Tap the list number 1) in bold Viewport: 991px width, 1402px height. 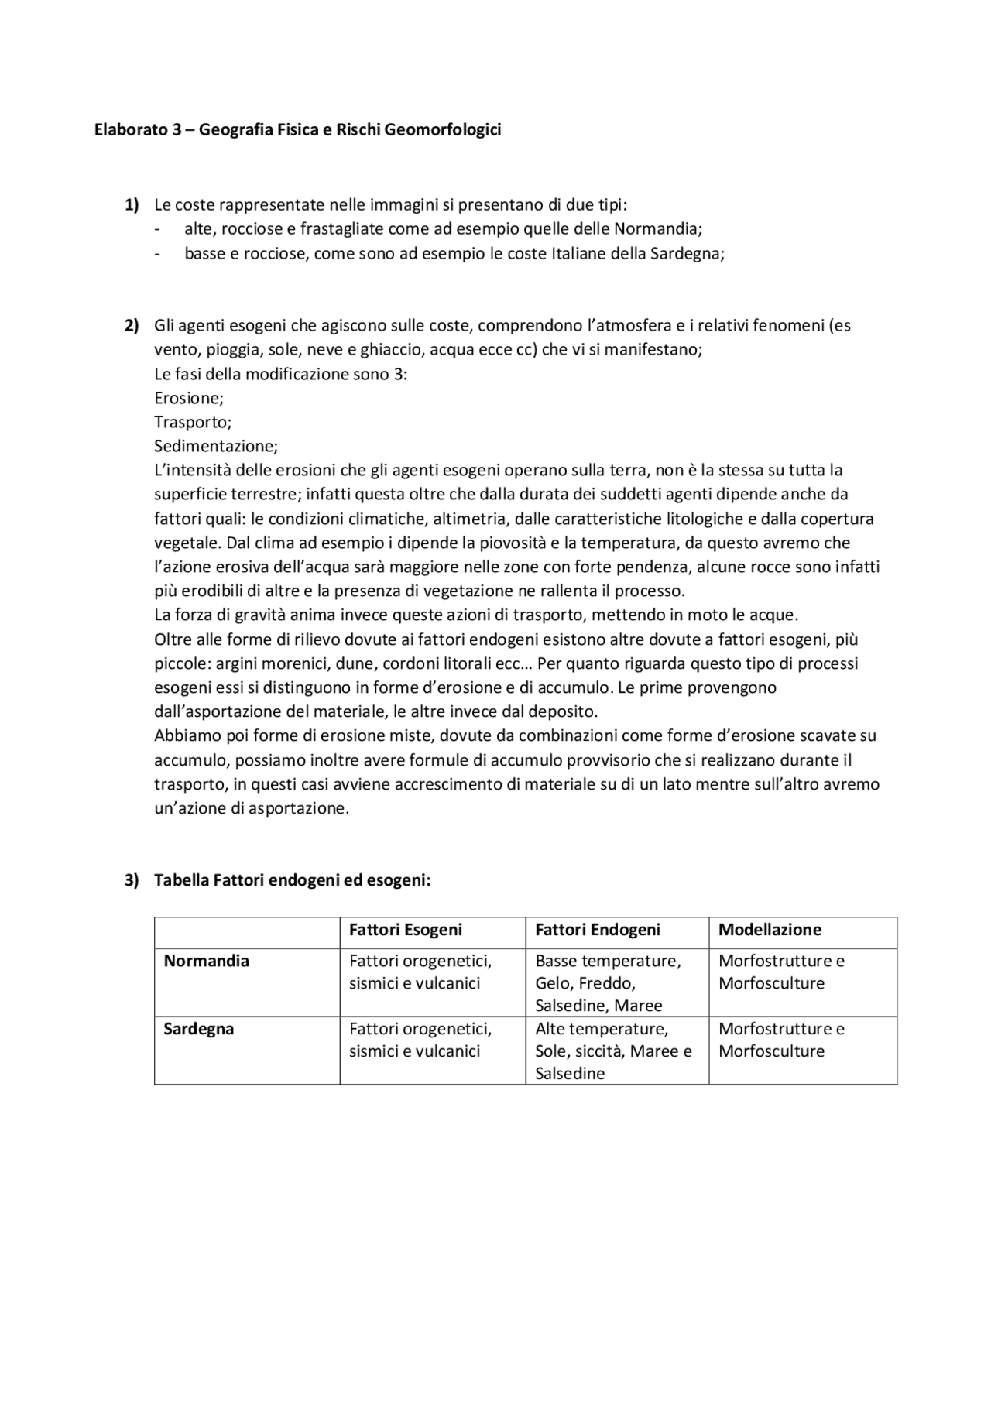point(132,205)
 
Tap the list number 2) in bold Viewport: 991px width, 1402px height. point(132,325)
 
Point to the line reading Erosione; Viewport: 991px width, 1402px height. point(189,398)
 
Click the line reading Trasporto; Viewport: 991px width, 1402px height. point(193,422)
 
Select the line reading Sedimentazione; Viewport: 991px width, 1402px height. point(216,446)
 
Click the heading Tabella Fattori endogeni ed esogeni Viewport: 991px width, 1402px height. point(292,880)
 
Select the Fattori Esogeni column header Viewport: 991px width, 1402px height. point(405,930)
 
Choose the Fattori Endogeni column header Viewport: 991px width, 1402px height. point(598,930)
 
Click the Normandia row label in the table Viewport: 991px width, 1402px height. point(206,961)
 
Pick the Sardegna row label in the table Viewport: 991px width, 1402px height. point(198,1029)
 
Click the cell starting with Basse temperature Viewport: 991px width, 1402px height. point(608,982)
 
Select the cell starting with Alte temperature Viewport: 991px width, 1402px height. point(612,1051)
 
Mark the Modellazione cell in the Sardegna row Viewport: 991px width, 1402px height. point(780,1040)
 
